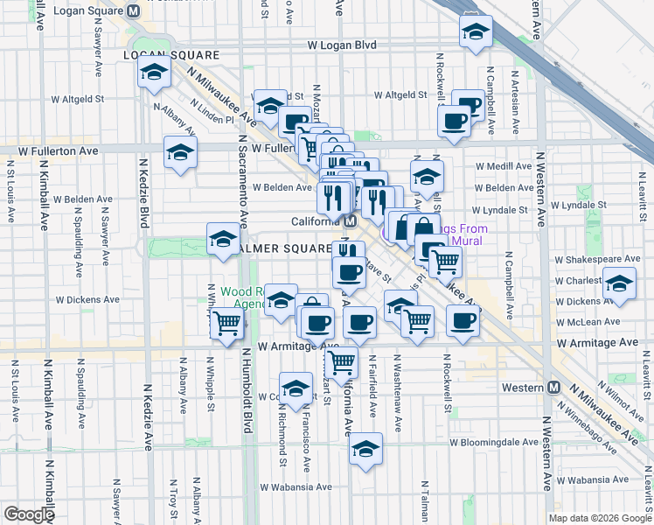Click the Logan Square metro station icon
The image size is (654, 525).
pos(133,11)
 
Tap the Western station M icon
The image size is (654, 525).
pos(553,388)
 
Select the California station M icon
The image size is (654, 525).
pos(348,221)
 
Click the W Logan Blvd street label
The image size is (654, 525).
pos(342,45)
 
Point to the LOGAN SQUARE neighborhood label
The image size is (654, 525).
pos(170,54)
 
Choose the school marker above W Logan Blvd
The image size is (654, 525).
pos(476,32)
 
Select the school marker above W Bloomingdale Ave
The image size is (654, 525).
pos(365,450)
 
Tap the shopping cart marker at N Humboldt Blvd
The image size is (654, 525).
pos(227,323)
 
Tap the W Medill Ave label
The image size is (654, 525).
pos(504,166)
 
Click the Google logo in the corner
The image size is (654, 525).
pos(28,514)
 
